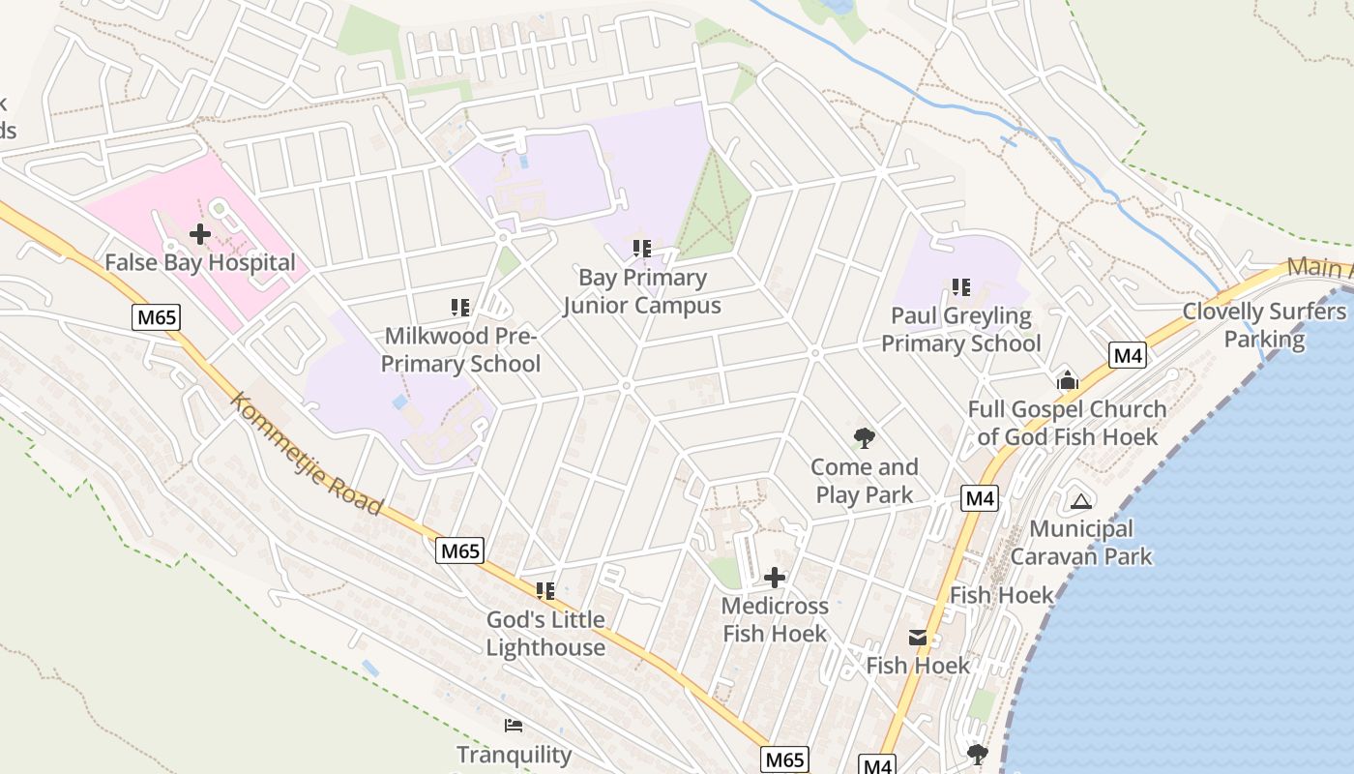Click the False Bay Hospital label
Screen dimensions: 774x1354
(x=199, y=262)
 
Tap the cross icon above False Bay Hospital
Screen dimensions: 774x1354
(x=200, y=234)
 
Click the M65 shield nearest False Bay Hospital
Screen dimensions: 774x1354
(x=157, y=316)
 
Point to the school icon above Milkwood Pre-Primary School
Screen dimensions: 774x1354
(x=460, y=308)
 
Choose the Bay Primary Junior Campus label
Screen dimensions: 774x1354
(x=642, y=291)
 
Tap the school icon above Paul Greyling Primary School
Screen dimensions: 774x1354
(x=960, y=286)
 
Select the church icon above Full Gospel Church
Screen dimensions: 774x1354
(x=1068, y=380)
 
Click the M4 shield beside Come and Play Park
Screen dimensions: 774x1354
(x=980, y=499)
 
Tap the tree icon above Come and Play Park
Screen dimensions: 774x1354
(x=865, y=438)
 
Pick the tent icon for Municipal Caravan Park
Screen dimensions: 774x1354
(x=1080, y=500)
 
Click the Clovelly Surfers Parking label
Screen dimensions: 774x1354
(x=1264, y=325)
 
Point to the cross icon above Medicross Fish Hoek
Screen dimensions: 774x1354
(x=775, y=578)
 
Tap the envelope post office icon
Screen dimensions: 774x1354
(x=917, y=638)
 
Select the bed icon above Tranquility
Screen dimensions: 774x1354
(x=514, y=726)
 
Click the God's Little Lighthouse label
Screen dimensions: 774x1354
(x=545, y=634)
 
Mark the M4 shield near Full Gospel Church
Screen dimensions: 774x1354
(x=1128, y=355)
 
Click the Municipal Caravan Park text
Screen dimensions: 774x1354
(x=1081, y=543)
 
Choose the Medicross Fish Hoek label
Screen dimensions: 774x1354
(x=775, y=620)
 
